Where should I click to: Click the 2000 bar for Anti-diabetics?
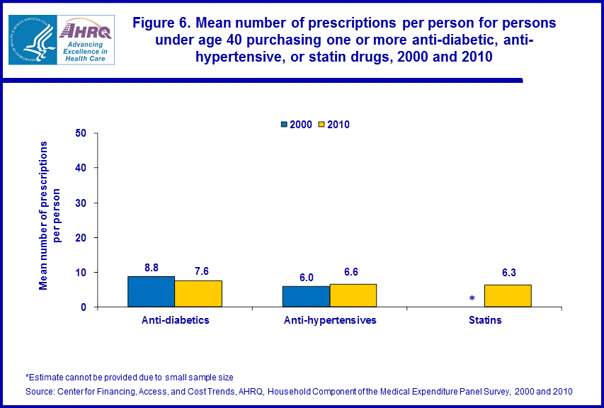(x=151, y=291)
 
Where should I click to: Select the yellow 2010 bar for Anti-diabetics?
(x=198, y=293)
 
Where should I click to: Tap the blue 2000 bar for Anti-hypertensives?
(x=306, y=296)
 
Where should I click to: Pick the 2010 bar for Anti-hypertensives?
(x=353, y=295)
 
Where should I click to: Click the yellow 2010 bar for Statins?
(x=508, y=295)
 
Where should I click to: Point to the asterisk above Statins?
(x=472, y=300)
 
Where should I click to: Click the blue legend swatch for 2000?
(x=285, y=125)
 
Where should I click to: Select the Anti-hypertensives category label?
(x=329, y=320)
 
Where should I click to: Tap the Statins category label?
(x=485, y=320)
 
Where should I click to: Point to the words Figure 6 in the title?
(x=161, y=23)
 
